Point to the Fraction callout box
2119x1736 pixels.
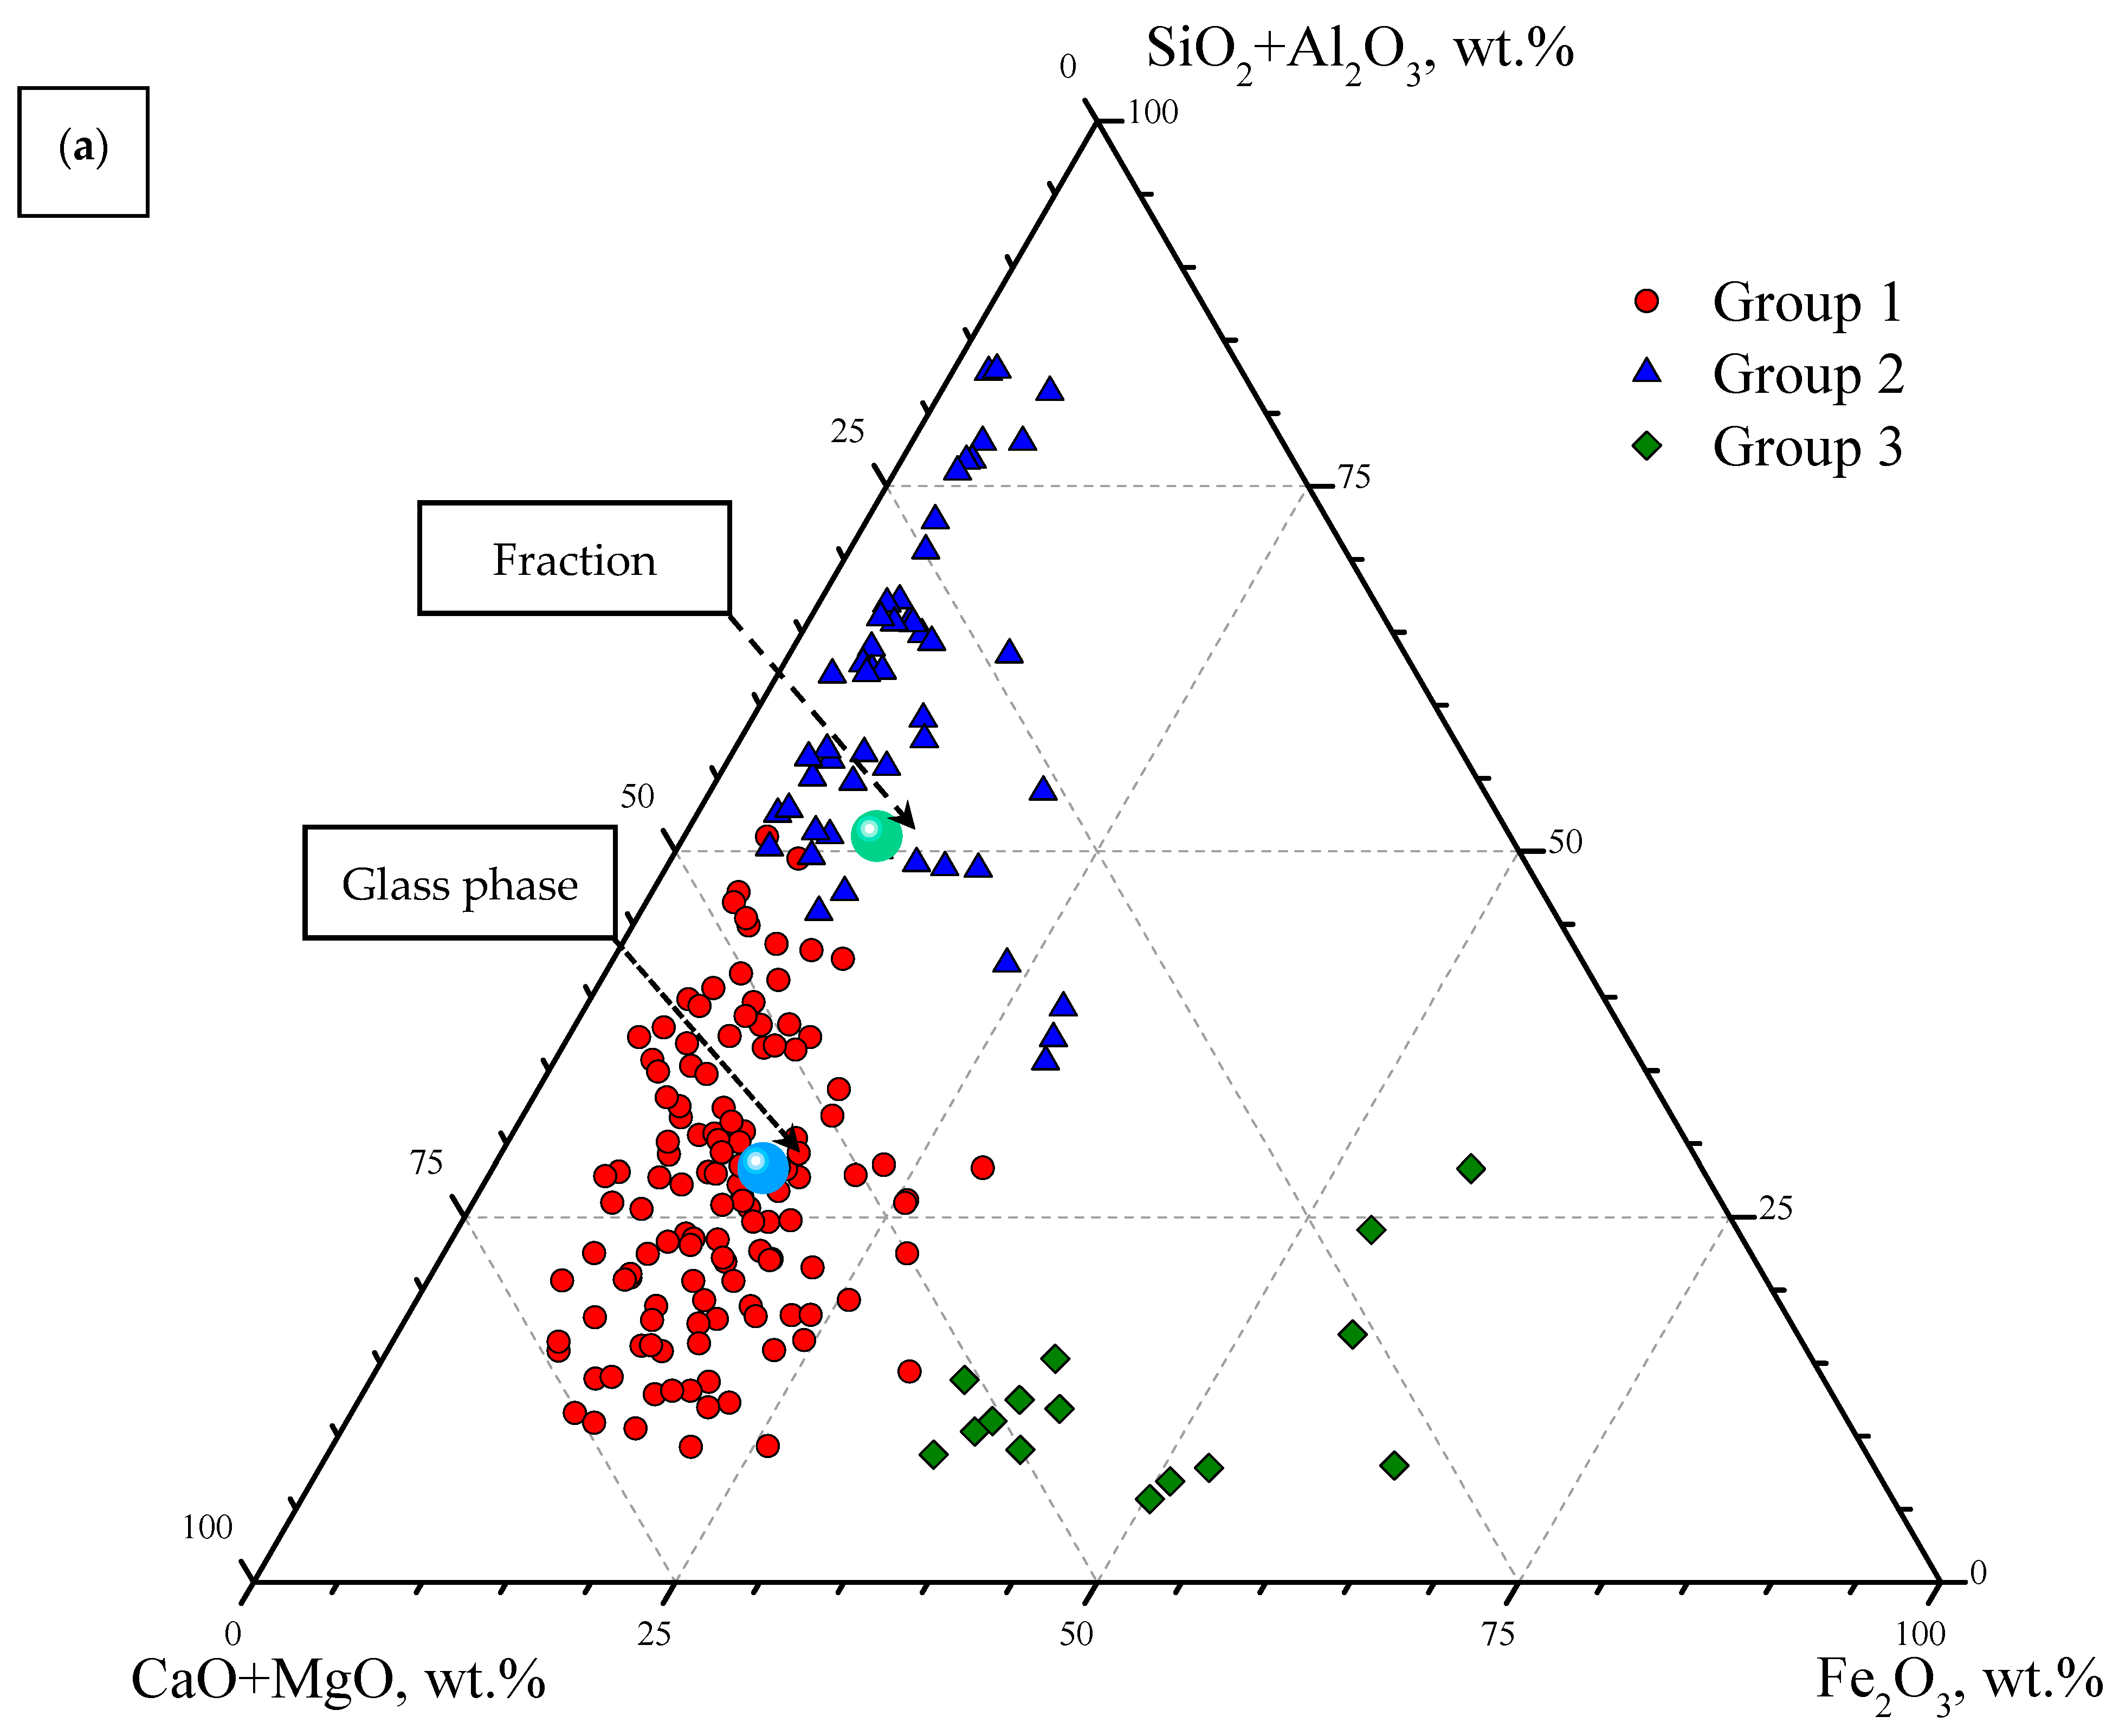click(x=574, y=558)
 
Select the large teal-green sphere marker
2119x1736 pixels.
click(x=876, y=835)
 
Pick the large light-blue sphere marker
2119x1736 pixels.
click(x=762, y=1167)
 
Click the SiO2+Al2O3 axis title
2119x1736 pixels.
click(x=1359, y=50)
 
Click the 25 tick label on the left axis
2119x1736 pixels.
click(x=847, y=432)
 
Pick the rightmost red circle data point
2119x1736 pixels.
click(x=982, y=1167)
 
